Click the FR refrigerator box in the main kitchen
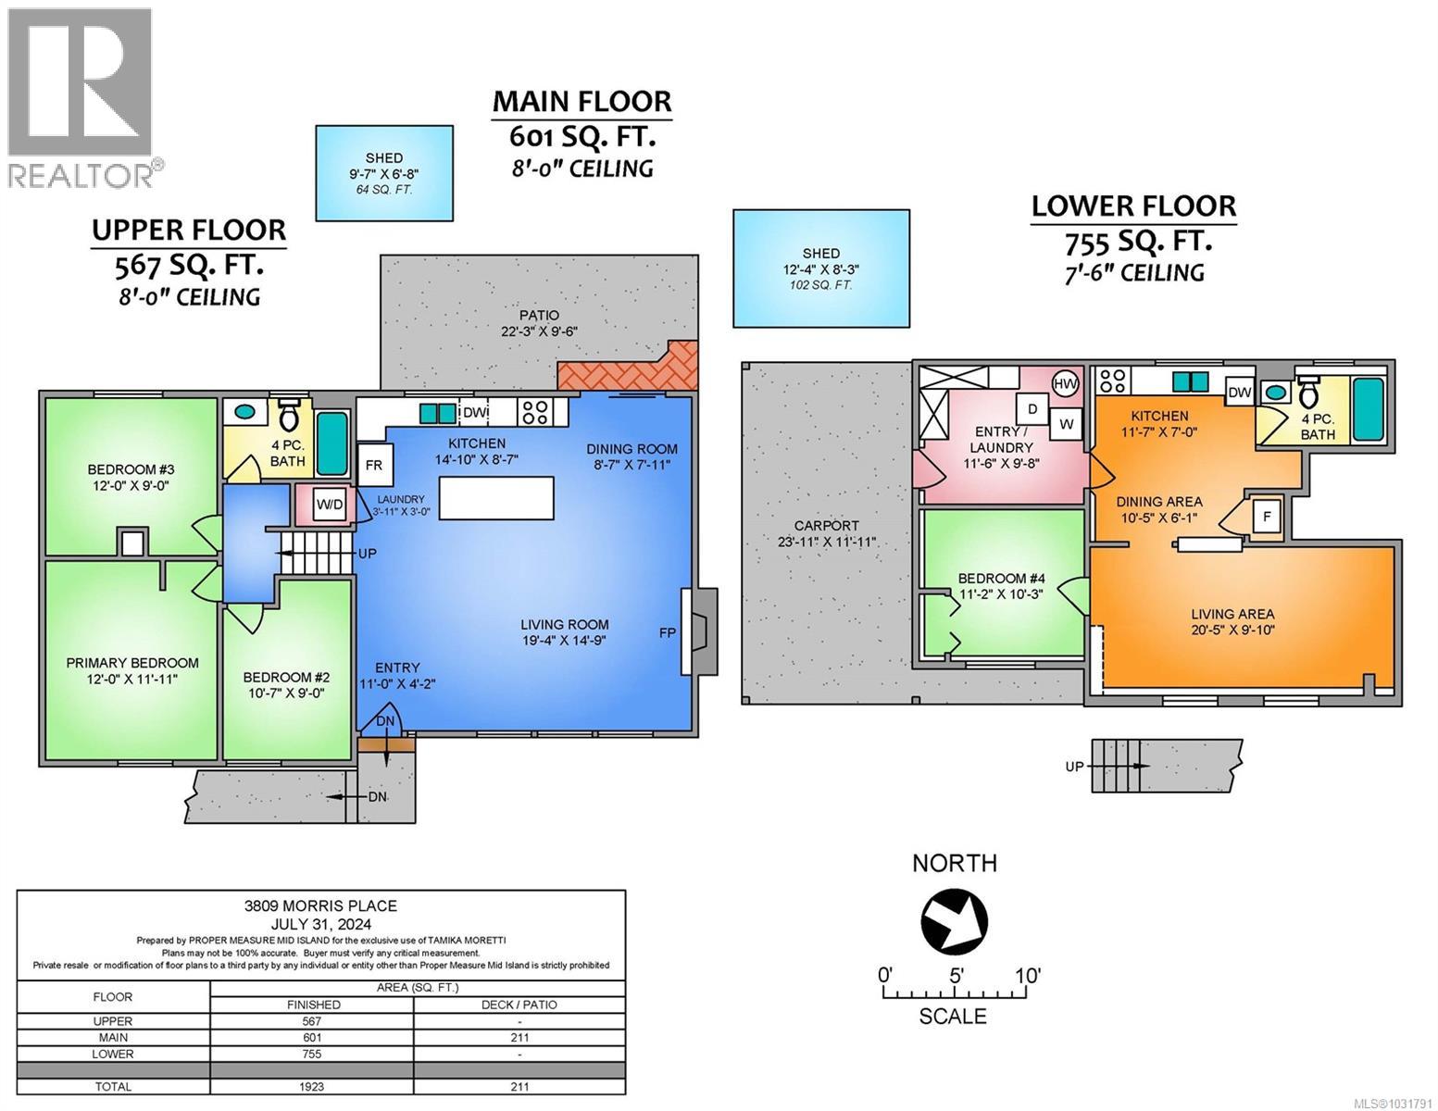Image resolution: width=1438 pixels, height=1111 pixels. click(x=374, y=466)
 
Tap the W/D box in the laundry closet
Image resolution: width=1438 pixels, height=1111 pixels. click(x=329, y=506)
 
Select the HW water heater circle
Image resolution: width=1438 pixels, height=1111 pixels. click(x=1065, y=384)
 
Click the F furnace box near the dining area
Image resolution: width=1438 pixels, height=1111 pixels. click(x=1266, y=517)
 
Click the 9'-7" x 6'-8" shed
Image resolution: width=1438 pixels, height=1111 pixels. click(x=384, y=173)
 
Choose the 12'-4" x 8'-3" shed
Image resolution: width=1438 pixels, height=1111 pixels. click(x=820, y=268)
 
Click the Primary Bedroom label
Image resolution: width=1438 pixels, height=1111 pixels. click(x=131, y=663)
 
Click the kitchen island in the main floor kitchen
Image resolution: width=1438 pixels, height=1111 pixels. click(x=496, y=498)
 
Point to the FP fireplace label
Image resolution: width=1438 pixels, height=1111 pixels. click(x=667, y=633)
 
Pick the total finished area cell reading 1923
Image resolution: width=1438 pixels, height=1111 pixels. click(x=312, y=1086)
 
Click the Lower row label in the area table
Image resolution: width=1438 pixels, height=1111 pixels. click(x=113, y=1054)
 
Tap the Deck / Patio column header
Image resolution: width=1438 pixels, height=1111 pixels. click(x=519, y=1005)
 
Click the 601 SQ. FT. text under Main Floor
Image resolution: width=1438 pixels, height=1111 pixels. click(x=582, y=137)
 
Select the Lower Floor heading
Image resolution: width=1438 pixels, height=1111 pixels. click(x=1133, y=206)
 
